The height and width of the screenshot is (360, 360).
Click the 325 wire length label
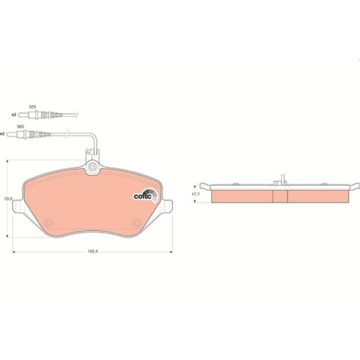click(32, 107)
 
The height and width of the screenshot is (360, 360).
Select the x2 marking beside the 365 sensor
click(3, 134)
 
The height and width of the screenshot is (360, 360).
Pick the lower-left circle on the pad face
click(48, 222)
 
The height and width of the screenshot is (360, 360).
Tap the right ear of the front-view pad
click(166, 209)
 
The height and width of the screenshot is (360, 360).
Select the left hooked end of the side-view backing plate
click(207, 188)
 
